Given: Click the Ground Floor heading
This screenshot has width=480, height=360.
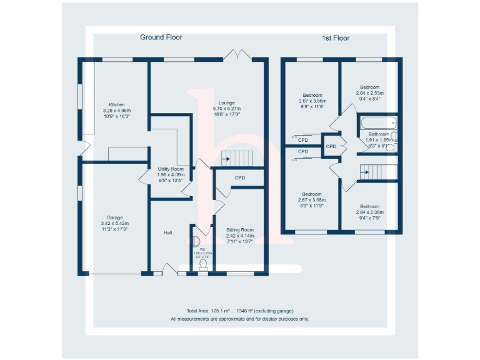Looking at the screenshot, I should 161,37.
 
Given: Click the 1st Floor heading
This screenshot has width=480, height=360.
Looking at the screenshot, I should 336,38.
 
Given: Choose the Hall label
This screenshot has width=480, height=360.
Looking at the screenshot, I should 168,233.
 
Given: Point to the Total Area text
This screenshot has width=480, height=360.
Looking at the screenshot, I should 239,311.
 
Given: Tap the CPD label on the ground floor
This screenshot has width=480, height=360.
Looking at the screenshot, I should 240,178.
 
